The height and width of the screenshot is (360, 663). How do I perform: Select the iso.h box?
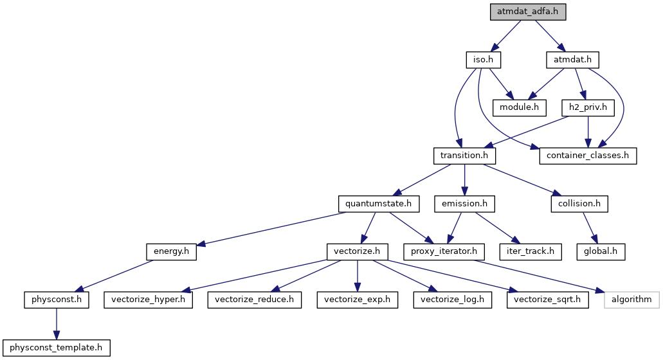coord(483,60)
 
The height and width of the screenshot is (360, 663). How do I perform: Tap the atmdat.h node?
coord(572,60)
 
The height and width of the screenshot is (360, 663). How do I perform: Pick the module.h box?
coord(519,107)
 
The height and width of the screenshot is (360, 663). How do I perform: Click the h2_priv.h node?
coord(585,107)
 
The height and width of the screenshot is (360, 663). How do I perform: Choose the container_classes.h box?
coord(588,156)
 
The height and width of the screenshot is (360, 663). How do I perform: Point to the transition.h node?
coord(464,156)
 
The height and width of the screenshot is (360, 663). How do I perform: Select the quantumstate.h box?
coord(379,204)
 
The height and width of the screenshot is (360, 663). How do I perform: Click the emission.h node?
coord(464,204)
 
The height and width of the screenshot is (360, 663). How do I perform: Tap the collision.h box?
coord(579,204)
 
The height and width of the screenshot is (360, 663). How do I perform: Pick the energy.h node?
coord(171,251)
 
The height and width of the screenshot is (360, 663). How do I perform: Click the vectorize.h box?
coord(357,251)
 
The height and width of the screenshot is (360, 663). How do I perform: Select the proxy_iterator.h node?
coord(444,251)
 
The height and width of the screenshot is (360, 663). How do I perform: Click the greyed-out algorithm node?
coord(631,300)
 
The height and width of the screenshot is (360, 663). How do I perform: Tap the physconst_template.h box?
coord(57,348)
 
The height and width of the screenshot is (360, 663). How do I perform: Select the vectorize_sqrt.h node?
coord(547,300)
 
